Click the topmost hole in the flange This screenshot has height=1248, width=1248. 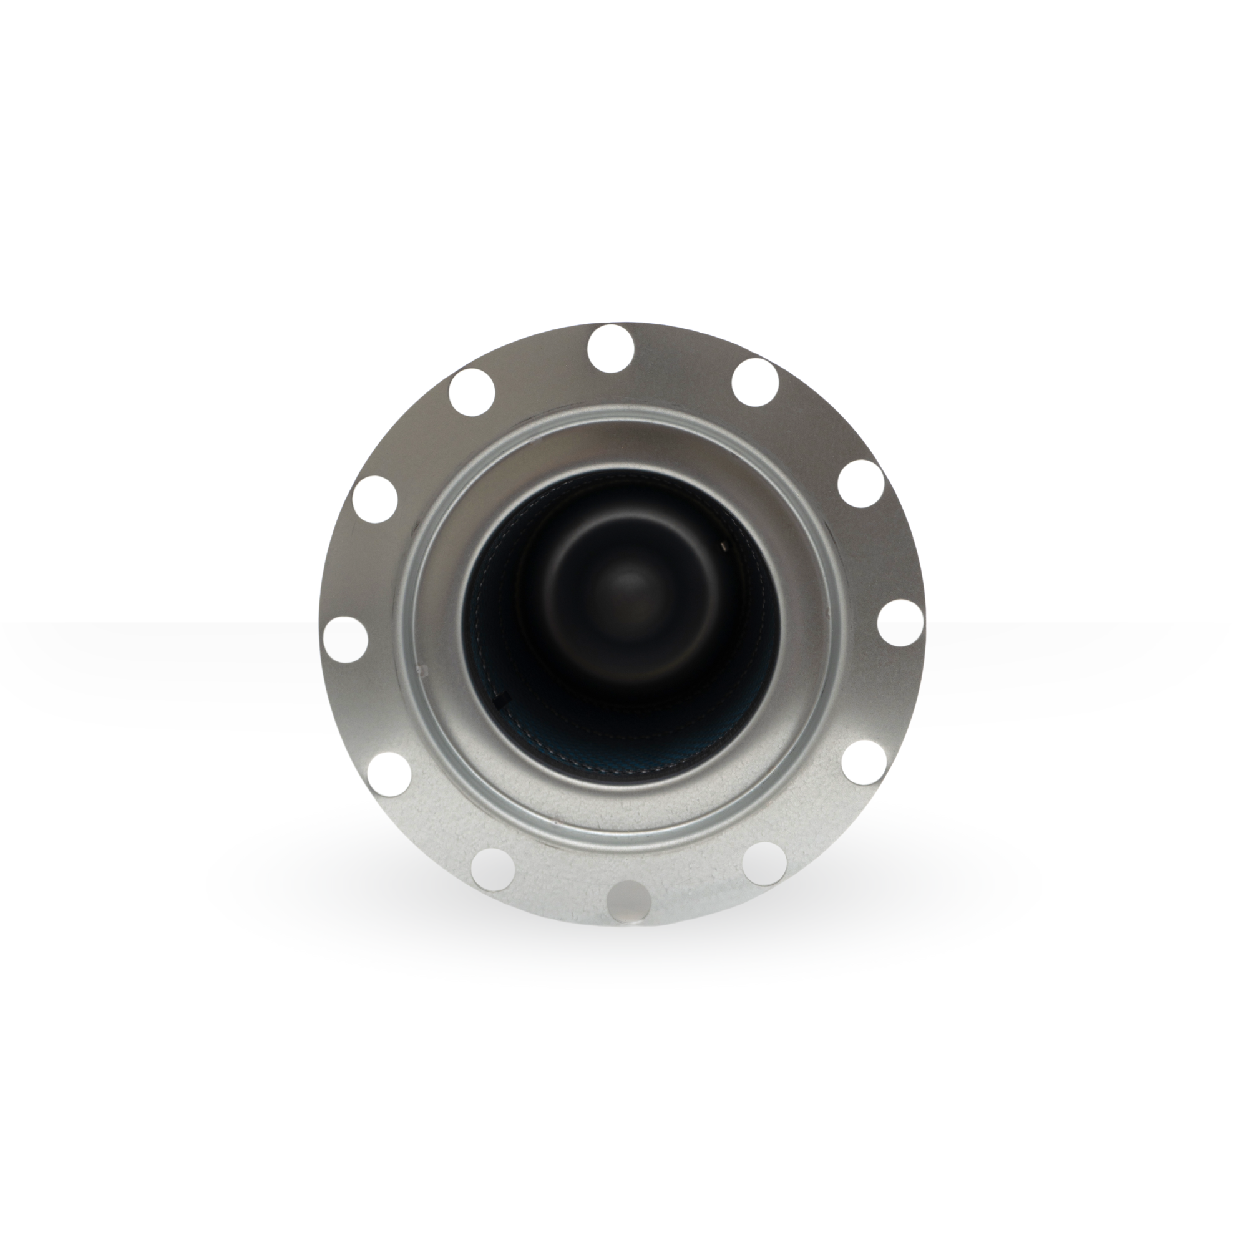[611, 348]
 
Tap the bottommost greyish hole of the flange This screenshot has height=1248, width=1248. [629, 900]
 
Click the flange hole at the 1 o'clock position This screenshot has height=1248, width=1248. [755, 382]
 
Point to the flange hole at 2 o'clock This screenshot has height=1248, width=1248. [861, 483]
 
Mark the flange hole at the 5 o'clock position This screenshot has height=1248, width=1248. [764, 863]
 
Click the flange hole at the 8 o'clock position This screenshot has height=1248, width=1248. [389, 774]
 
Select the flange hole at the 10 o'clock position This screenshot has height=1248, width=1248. [374, 499]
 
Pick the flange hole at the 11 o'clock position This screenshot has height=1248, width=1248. [472, 391]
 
